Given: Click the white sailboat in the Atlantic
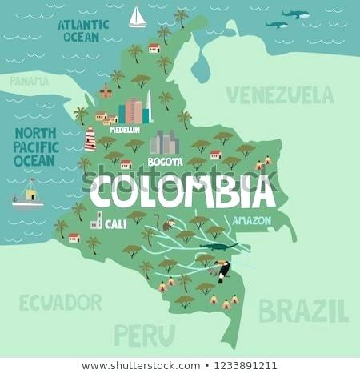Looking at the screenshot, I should [138, 18].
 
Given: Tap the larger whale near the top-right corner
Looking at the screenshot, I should [295, 14].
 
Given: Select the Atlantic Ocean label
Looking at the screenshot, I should [82, 30].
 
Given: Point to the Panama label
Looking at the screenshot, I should [29, 81].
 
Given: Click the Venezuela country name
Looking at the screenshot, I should [279, 95].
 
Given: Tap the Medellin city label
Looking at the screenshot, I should [125, 130].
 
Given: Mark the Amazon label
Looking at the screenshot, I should [251, 220].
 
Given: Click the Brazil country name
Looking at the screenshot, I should [303, 309].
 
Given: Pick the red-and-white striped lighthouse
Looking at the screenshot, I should [90, 139].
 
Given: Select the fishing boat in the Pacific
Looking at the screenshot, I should [28, 195].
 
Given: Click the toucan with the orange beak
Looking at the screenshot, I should [222, 270].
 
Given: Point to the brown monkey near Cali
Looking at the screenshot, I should [168, 224].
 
